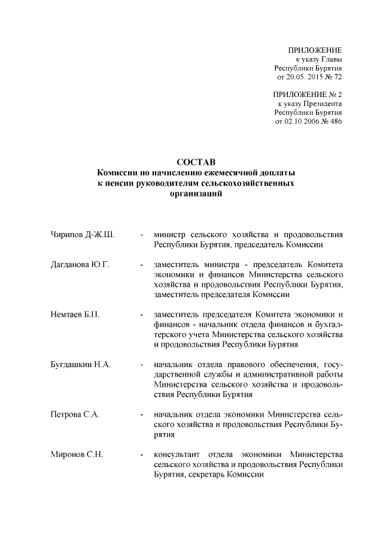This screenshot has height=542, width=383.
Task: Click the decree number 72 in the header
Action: [337, 77]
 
